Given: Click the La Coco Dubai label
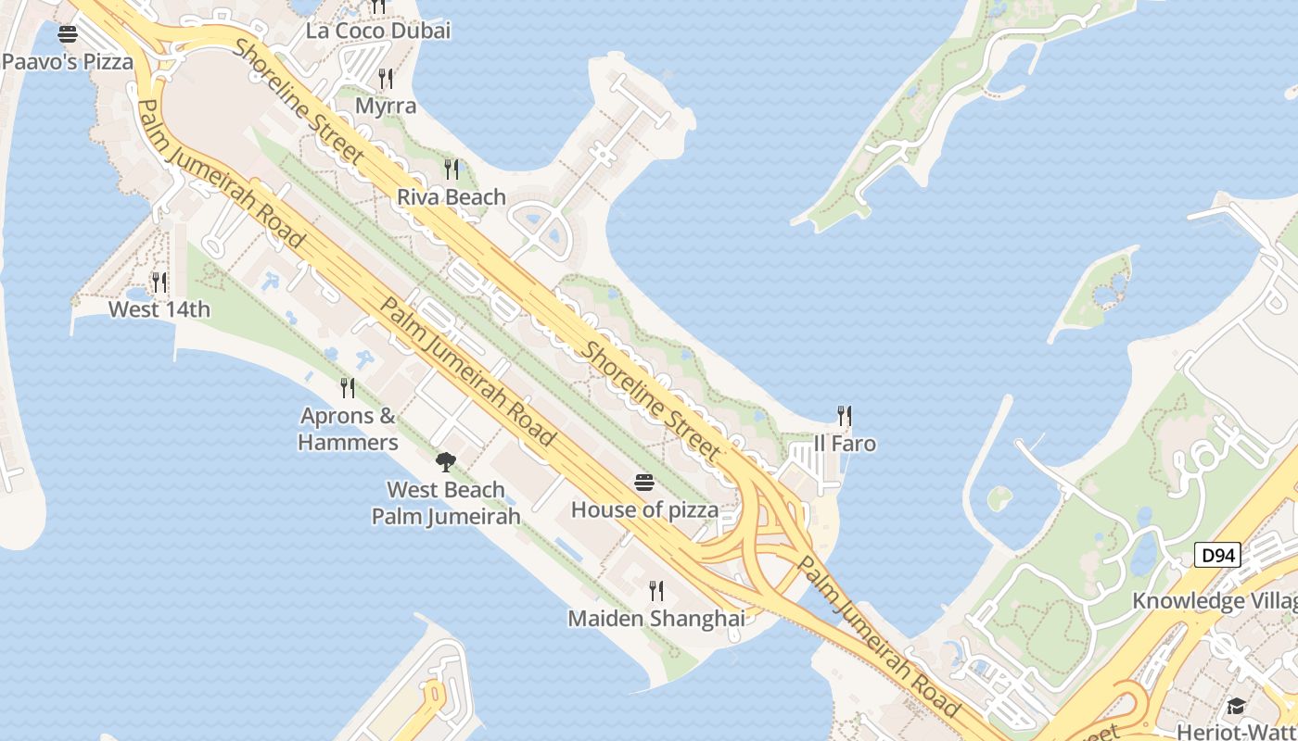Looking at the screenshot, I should click(x=378, y=31).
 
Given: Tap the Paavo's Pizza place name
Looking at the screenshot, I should click(x=68, y=62).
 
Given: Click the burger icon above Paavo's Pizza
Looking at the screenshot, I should click(x=68, y=35).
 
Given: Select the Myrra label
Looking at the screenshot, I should click(x=386, y=106).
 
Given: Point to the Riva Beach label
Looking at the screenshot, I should click(x=452, y=196).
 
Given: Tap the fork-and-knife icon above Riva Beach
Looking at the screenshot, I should click(x=452, y=169).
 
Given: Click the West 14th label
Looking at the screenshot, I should click(x=159, y=309).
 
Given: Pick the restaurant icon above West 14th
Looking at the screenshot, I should click(x=159, y=282).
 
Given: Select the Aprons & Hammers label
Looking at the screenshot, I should click(x=348, y=429).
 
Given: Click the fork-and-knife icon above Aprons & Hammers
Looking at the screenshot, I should click(x=348, y=387).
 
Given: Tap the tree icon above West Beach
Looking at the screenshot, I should click(x=446, y=461).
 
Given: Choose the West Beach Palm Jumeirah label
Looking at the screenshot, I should click(x=446, y=503).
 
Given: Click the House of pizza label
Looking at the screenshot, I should click(x=644, y=509).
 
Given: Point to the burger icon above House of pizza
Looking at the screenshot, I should click(x=644, y=482).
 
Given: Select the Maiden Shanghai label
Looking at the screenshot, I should click(x=655, y=618).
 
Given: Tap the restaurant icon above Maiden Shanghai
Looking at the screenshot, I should click(x=656, y=590).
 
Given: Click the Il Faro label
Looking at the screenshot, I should click(x=845, y=444).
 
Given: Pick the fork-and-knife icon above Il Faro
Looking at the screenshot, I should click(x=845, y=415).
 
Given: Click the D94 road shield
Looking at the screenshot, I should click(x=1216, y=556).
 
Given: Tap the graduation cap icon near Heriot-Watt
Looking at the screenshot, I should click(x=1236, y=706).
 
